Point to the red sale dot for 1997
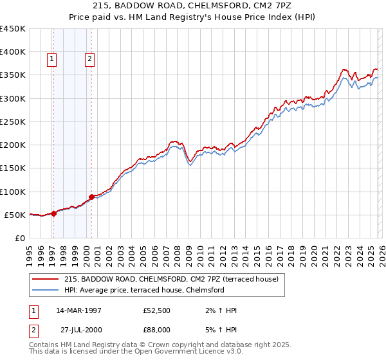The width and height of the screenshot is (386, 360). (53, 214)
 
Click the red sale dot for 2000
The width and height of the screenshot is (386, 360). (92, 197)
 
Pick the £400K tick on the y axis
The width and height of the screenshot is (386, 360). (13, 52)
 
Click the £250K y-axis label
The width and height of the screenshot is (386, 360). (13, 122)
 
